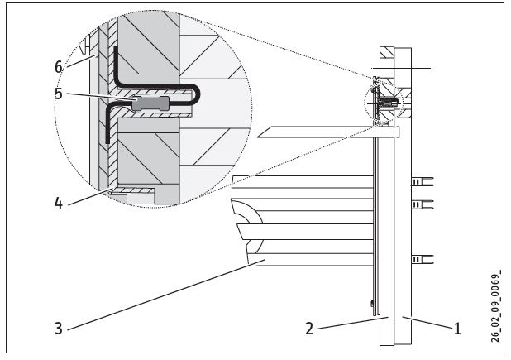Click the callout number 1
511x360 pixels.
click(457, 329)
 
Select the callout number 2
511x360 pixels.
click(309, 329)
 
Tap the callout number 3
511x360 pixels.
click(59, 328)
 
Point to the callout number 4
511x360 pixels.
click(58, 203)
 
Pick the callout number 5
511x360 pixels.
click(59, 94)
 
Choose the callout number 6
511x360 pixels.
click(59, 67)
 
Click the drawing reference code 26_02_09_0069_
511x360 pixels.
click(495, 306)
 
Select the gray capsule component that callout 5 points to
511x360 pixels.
click(150, 103)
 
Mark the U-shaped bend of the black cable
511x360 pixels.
click(195, 94)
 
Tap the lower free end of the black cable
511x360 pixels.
click(107, 142)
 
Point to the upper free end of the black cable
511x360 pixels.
click(116, 48)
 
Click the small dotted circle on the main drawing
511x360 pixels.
click(384, 103)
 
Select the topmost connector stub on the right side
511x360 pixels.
click(423, 181)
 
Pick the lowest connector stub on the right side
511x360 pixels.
click(423, 260)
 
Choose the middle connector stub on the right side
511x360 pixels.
click(423, 204)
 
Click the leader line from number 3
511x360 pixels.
click(166, 295)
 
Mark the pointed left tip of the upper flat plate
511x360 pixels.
click(257, 137)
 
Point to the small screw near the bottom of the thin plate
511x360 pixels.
click(372, 304)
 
